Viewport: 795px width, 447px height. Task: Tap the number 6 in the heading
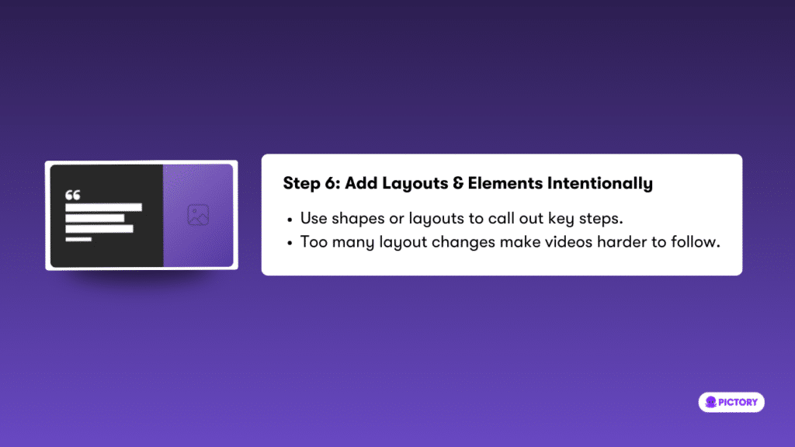pyautogui.click(x=332, y=183)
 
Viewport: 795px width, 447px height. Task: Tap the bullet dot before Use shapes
pyautogui.click(x=290, y=220)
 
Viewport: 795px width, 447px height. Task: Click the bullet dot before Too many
pyautogui.click(x=290, y=244)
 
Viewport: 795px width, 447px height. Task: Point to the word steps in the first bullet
pyautogui.click(x=600, y=219)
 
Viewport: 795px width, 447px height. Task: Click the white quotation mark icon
pyautogui.click(x=72, y=195)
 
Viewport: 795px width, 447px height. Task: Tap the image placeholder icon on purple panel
pyautogui.click(x=198, y=215)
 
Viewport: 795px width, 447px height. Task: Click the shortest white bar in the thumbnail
pyautogui.click(x=78, y=239)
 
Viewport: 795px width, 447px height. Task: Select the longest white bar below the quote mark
pyautogui.click(x=103, y=207)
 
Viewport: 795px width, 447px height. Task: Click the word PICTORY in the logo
pyautogui.click(x=738, y=403)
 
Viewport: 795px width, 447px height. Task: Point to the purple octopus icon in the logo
pyautogui.click(x=711, y=403)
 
